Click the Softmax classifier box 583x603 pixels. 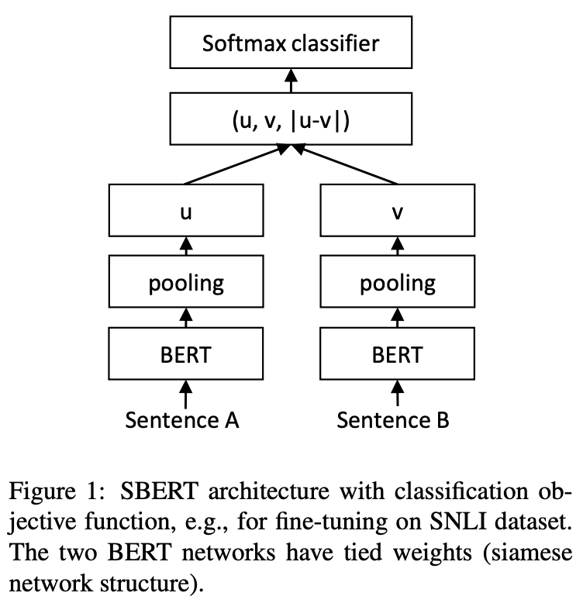291,43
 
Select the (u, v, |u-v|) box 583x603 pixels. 291,122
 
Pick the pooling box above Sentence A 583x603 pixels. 185,283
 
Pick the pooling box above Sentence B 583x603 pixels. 398,283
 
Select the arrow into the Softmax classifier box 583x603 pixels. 291,80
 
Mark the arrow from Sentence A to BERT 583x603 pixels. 185,392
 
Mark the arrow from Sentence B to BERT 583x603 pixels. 398,392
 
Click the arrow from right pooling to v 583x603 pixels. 398,248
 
